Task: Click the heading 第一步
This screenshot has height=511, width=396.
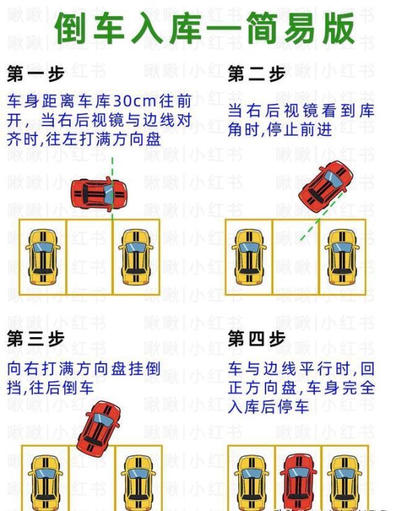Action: pyautogui.click(x=36, y=73)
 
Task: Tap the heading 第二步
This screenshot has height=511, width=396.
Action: pyautogui.click(x=256, y=73)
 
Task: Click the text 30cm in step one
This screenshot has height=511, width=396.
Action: pyautogui.click(x=134, y=101)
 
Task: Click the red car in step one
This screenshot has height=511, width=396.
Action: pyautogui.click(x=99, y=194)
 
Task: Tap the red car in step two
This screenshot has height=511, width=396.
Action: pyautogui.click(x=325, y=186)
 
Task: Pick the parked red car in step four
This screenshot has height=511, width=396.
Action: pyautogui.click(x=298, y=482)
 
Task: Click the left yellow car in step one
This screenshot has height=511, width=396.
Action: pyautogui.click(x=43, y=257)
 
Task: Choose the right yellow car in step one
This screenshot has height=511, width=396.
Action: pyautogui.click(x=136, y=257)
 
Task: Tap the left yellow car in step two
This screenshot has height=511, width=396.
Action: pyautogui.click(x=249, y=257)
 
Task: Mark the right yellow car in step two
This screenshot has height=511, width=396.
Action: pyautogui.click(x=342, y=257)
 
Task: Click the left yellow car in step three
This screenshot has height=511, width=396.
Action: pyautogui.click(x=45, y=483)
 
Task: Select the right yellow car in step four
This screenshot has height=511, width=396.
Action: pyautogui.click(x=344, y=483)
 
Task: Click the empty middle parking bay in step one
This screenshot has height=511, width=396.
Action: pyautogui.click(x=89, y=257)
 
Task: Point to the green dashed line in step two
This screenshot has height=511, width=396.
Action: pyautogui.click(x=321, y=216)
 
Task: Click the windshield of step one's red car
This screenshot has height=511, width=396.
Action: pyautogui.click(x=109, y=195)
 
